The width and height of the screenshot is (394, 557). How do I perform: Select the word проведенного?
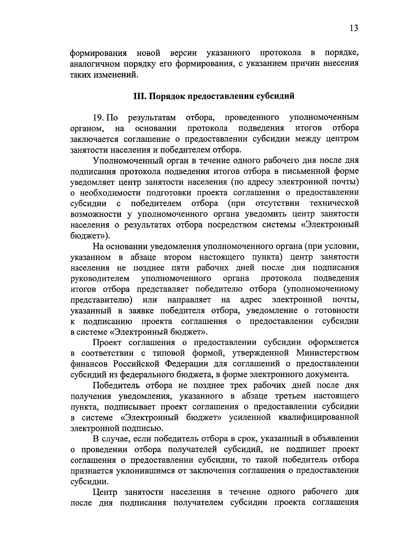252,118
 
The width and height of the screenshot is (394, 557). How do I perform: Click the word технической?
334,204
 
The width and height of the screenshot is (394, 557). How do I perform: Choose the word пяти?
181,268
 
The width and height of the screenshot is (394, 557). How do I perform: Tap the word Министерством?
327,353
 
